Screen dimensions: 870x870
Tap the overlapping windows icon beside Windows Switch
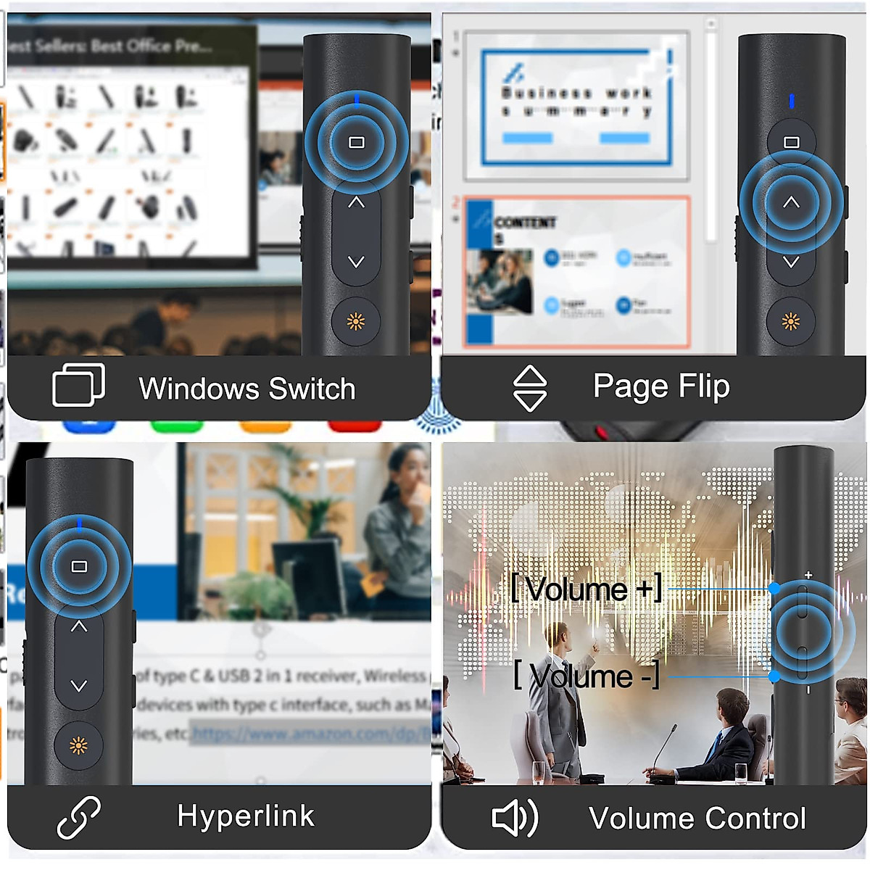point(79,385)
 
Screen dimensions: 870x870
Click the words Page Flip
point(660,386)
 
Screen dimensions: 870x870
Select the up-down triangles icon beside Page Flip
point(530,388)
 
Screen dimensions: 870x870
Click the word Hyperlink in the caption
point(246,816)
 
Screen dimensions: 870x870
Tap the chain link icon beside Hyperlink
point(79,817)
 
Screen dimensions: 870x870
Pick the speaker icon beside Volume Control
point(515,818)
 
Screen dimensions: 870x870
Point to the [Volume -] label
point(586,676)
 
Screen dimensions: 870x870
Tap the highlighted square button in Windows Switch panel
point(356,142)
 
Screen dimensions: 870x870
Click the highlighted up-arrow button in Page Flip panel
point(791,203)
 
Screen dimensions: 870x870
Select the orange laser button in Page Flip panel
point(791,321)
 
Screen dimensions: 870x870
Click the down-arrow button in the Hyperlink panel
point(79,685)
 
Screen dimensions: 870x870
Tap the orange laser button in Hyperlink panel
point(78,745)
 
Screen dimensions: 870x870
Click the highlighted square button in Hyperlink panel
point(79,566)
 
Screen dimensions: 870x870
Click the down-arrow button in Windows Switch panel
point(356,262)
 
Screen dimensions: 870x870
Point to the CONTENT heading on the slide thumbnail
point(525,223)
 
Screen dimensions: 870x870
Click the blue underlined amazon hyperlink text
point(312,734)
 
